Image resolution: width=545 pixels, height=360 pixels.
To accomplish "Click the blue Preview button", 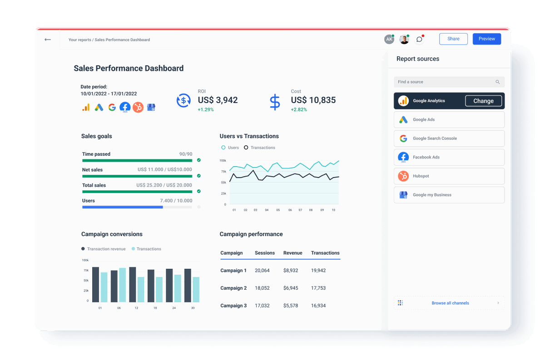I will click(486, 39).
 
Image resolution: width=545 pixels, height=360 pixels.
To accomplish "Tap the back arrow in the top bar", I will click(48, 39).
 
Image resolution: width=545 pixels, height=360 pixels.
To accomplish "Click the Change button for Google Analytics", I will click(483, 101).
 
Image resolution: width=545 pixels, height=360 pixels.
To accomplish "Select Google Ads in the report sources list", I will click(449, 120).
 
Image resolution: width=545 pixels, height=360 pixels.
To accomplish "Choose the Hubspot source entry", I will click(449, 176).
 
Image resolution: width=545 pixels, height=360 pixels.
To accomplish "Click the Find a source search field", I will click(445, 82).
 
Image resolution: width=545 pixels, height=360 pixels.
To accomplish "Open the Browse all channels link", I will click(450, 303).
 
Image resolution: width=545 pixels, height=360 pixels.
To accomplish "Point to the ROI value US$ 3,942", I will click(218, 100).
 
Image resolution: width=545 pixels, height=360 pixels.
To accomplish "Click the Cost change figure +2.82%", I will click(299, 109).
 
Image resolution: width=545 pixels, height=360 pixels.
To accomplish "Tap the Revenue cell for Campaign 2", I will click(291, 288).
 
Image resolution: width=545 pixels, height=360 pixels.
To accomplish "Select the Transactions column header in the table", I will click(325, 253).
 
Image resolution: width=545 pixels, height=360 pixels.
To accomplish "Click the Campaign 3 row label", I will click(233, 306).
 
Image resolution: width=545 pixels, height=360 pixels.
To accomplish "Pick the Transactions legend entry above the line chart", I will click(259, 148).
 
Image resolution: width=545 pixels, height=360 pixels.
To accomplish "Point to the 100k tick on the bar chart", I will click(85, 260).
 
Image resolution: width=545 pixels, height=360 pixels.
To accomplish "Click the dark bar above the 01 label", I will click(95, 285).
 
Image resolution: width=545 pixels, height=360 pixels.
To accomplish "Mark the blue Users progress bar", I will click(123, 207).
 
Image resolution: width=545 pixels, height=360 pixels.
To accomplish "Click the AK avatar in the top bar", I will click(389, 39).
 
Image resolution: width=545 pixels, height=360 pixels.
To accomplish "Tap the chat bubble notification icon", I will click(420, 39).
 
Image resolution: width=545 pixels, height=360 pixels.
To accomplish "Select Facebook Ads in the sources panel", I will click(449, 158).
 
